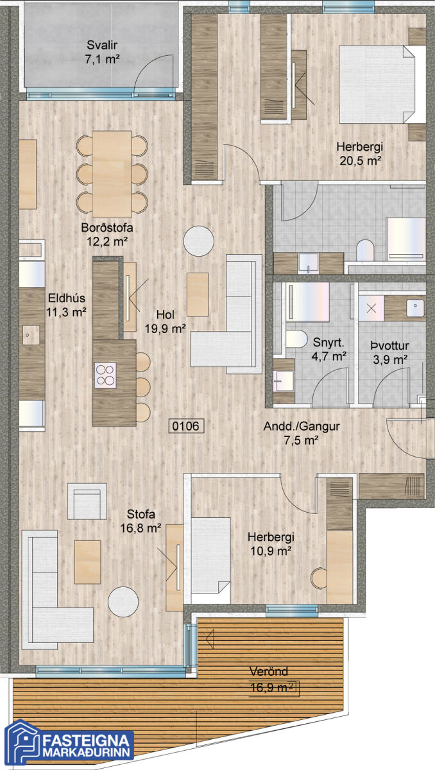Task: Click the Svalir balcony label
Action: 102,45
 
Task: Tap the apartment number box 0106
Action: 186,426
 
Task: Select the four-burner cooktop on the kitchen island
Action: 105,375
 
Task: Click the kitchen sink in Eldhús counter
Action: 31,335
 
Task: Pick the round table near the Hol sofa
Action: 199,241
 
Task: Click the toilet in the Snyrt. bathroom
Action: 296,339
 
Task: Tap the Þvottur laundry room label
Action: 389,345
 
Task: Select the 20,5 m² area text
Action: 361,160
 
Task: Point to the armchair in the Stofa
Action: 87,501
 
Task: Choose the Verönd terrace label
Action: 268,671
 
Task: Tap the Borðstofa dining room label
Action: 107,228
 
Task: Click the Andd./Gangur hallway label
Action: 302,426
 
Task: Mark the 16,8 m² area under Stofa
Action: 141,527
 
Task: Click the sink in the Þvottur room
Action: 415,308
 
